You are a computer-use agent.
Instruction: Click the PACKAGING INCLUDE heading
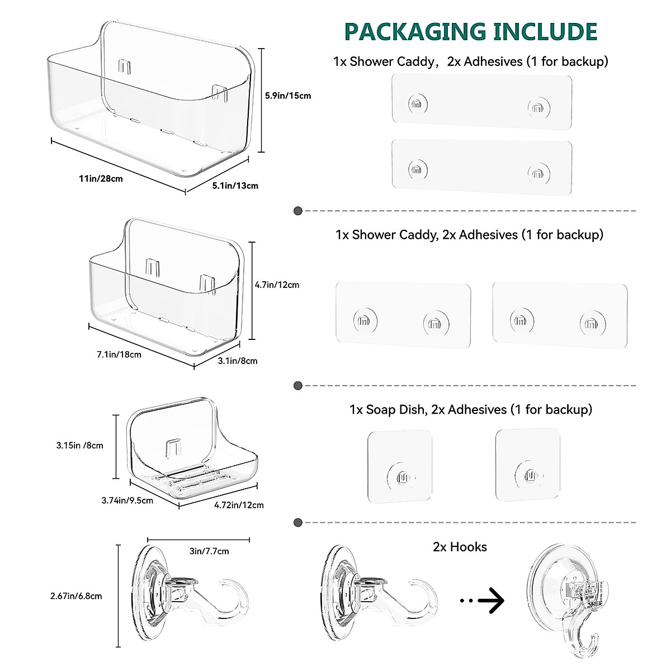pos(471,32)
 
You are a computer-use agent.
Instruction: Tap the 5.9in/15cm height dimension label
pos(287,96)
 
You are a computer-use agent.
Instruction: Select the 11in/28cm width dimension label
pos(101,178)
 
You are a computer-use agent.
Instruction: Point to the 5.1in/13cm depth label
pos(235,186)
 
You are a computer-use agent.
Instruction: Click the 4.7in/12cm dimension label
pos(277,285)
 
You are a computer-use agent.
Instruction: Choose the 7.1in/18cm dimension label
pos(119,354)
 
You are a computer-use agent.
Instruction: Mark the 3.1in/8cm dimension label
pos(238,361)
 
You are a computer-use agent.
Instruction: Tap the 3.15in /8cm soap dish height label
pos(79,446)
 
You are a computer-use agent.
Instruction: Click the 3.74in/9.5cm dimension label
pos(127,500)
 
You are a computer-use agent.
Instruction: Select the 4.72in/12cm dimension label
pos(239,505)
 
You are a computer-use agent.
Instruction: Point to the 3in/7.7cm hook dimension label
pos(209,551)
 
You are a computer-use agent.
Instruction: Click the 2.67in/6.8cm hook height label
pos(76,596)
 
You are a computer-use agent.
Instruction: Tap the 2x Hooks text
pos(460,547)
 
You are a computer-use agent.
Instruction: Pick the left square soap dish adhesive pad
pos(400,466)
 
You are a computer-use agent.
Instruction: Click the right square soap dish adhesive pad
pos(528,464)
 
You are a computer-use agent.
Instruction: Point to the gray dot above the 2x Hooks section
pos(298,522)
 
